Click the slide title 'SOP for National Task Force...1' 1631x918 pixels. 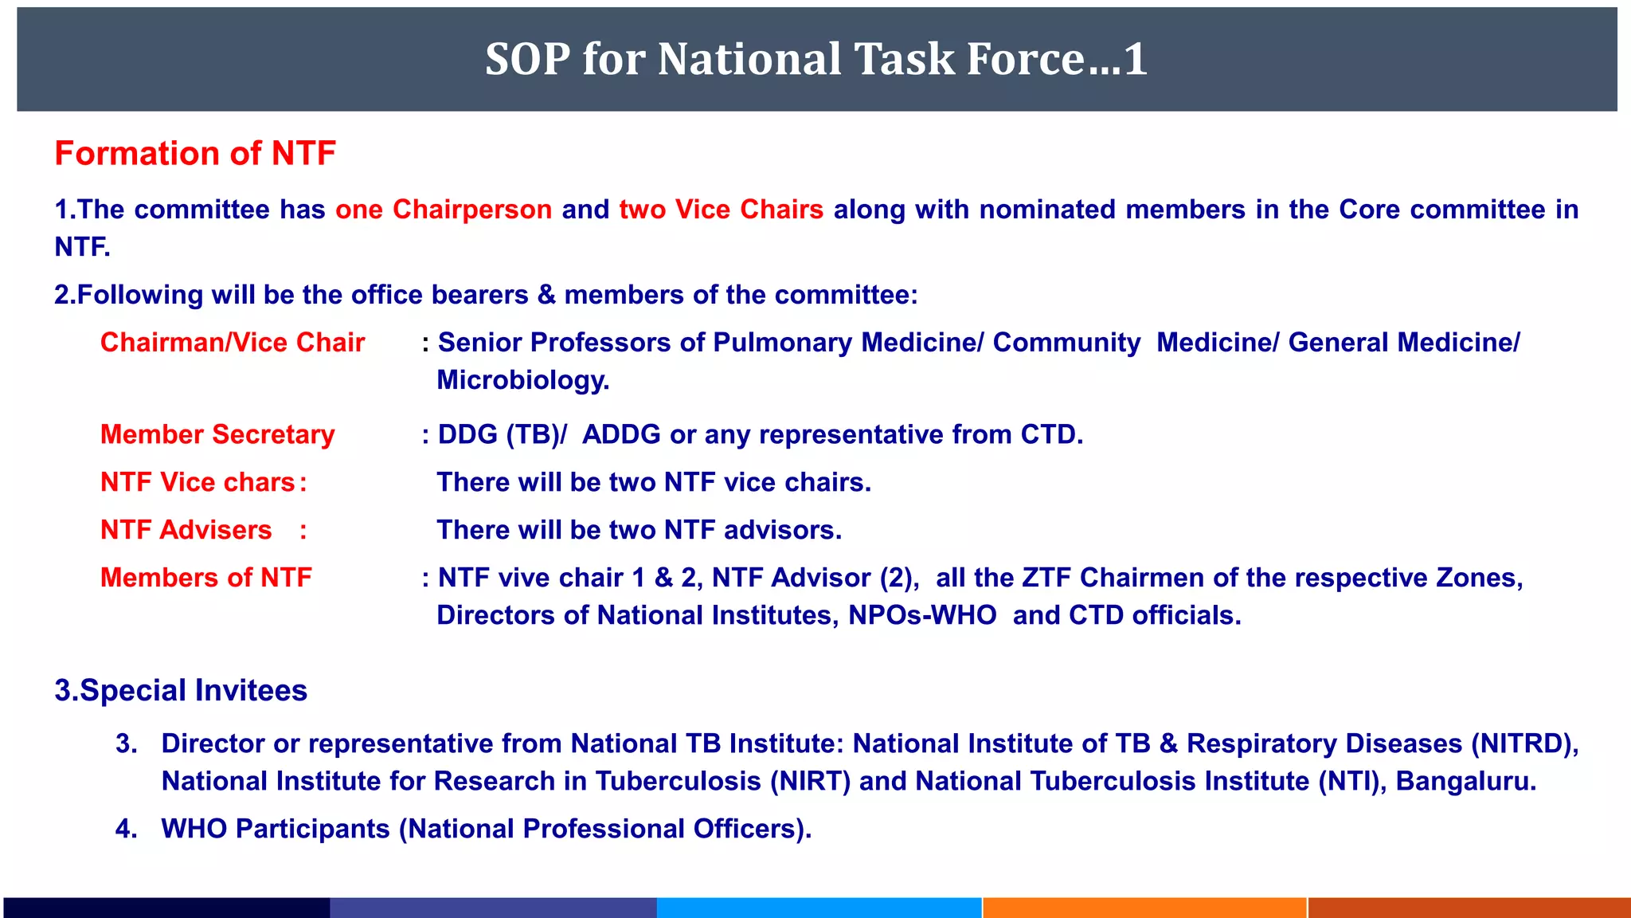[x=815, y=59]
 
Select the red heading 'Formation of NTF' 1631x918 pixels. [x=195, y=153]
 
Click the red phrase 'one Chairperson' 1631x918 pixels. [x=444, y=210]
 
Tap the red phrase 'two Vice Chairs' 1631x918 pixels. [x=721, y=210]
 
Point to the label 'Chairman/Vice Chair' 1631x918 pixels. [x=233, y=343]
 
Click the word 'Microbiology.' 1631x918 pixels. [x=522, y=380]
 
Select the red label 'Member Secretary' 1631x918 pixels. [x=217, y=434]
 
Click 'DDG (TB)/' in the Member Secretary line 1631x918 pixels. [x=502, y=434]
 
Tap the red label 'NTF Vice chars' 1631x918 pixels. [x=198, y=482]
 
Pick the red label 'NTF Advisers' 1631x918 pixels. [x=186, y=530]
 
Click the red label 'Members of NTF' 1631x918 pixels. [x=205, y=578]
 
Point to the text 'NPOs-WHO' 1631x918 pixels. [x=921, y=615]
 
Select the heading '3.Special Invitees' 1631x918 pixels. [x=181, y=690]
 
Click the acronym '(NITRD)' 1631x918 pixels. [x=1524, y=743]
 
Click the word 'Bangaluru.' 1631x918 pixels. [x=1465, y=781]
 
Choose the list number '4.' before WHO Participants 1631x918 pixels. [x=126, y=829]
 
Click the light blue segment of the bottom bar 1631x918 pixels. [x=819, y=908]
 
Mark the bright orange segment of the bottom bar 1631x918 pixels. [x=1144, y=908]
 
